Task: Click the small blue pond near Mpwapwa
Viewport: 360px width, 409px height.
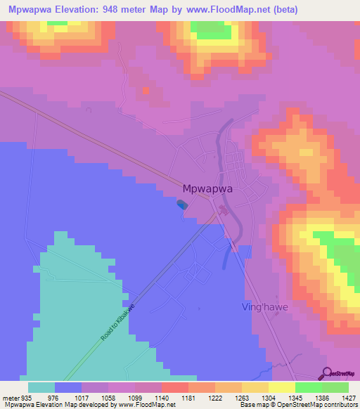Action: tap(182, 204)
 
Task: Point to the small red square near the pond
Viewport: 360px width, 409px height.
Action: tap(146, 90)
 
